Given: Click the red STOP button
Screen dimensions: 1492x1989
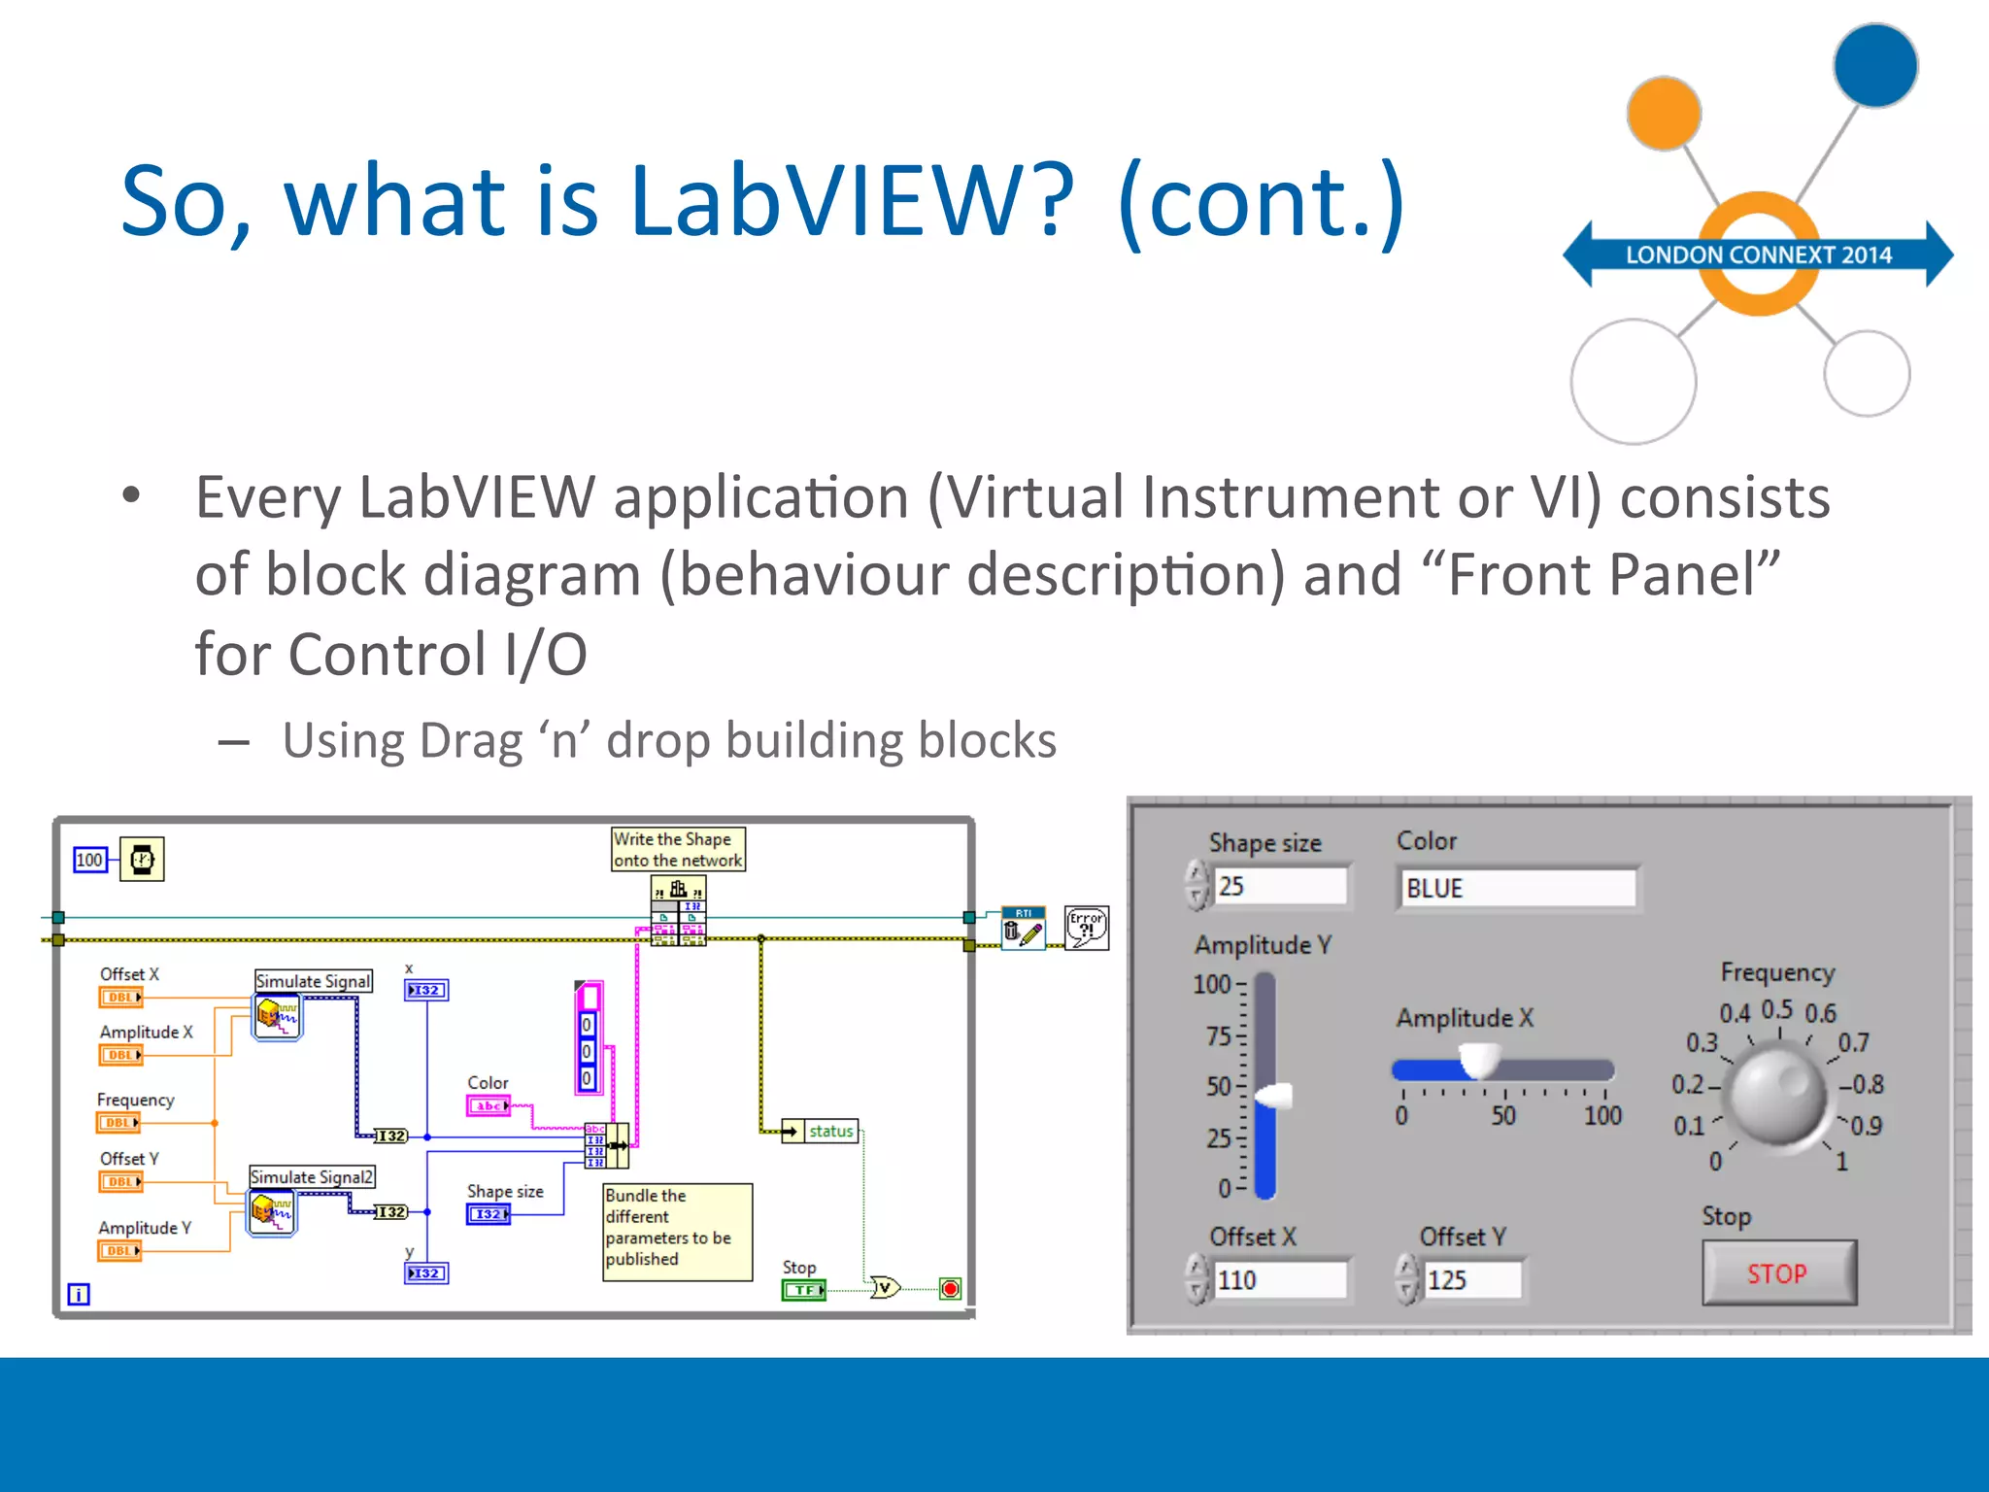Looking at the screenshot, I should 1778,1272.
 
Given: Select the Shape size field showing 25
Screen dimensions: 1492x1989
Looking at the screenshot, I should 1279,886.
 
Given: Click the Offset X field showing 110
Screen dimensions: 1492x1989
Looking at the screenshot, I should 1279,1279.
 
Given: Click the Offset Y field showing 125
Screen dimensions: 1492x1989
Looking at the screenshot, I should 1470,1279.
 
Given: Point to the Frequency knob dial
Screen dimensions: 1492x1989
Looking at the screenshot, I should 1778,1095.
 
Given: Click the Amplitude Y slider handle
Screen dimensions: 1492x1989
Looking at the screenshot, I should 1273,1096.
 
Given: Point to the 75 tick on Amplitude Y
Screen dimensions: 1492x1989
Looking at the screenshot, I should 1219,1036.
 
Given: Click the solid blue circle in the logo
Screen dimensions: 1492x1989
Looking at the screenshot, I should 1874,66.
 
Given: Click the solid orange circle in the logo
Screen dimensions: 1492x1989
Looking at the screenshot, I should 1664,115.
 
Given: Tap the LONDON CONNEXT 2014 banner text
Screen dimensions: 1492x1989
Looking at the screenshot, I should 1758,254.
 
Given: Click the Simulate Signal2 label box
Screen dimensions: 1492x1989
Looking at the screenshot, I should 312,1176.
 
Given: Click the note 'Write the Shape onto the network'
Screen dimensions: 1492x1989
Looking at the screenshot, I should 677,849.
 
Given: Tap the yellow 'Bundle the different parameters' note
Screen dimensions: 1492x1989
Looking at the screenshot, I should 677,1231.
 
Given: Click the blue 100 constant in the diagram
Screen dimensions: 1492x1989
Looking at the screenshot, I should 89,860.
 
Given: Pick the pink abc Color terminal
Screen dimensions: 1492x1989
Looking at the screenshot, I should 489,1105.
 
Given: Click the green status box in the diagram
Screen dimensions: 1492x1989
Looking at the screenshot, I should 830,1131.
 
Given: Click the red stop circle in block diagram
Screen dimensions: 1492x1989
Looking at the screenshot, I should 950,1289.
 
